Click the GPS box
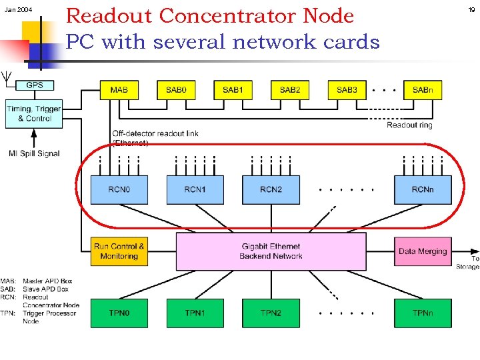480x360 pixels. coord(35,85)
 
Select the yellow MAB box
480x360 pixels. coord(119,90)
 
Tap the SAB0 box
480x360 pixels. coord(176,90)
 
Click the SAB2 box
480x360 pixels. coord(290,90)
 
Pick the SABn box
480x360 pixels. coord(423,90)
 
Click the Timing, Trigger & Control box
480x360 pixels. coord(34,113)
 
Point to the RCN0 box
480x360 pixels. coord(119,190)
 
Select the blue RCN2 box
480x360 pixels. coord(271,190)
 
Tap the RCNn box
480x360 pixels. coord(423,190)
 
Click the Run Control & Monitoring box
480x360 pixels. coord(119,251)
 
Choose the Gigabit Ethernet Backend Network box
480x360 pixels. coord(271,251)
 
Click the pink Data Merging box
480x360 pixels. coord(423,251)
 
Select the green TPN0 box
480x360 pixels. coord(119,313)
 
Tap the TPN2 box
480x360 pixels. coord(271,313)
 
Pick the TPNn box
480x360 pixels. coord(423,313)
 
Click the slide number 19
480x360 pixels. coord(471,11)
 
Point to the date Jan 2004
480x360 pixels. coord(18,11)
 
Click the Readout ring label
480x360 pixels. coord(409,125)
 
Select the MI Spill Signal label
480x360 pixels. coord(35,153)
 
